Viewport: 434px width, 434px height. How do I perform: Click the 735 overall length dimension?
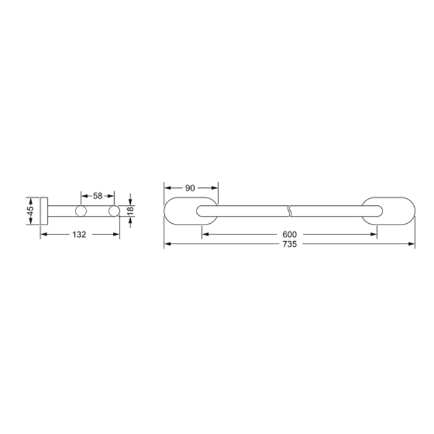tap(290, 244)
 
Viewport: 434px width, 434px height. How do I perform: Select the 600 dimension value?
tap(290, 234)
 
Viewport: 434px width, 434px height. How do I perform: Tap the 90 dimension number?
tap(190, 188)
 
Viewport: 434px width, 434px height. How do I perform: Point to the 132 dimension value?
tap(79, 234)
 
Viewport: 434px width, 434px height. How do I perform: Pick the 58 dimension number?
tap(97, 196)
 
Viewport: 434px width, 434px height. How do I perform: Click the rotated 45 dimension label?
tap(30, 211)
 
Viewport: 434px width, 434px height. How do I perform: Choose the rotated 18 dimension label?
tap(130, 211)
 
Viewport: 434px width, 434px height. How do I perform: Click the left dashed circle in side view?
tap(81, 211)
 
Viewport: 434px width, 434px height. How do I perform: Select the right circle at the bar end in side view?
tap(114, 211)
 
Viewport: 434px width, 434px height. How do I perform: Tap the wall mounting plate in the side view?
tap(44, 211)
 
